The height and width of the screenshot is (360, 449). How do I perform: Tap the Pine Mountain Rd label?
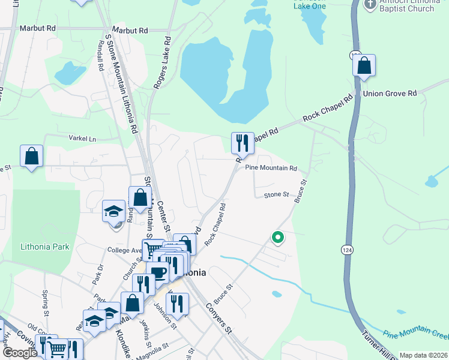tap(271, 169)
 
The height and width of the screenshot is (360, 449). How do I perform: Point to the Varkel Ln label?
tap(83, 139)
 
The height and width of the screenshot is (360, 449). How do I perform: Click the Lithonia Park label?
tap(45, 247)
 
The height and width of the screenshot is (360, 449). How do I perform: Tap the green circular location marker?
tap(277, 238)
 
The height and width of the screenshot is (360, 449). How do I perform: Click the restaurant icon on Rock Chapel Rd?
tap(243, 143)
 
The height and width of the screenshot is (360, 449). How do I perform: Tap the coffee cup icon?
tap(158, 273)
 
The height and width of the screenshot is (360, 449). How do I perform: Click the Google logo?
tap(20, 353)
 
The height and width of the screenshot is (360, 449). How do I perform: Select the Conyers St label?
tap(218, 318)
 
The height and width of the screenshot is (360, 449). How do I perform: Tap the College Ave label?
tap(123, 250)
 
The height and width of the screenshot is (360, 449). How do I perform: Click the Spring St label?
tap(46, 303)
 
